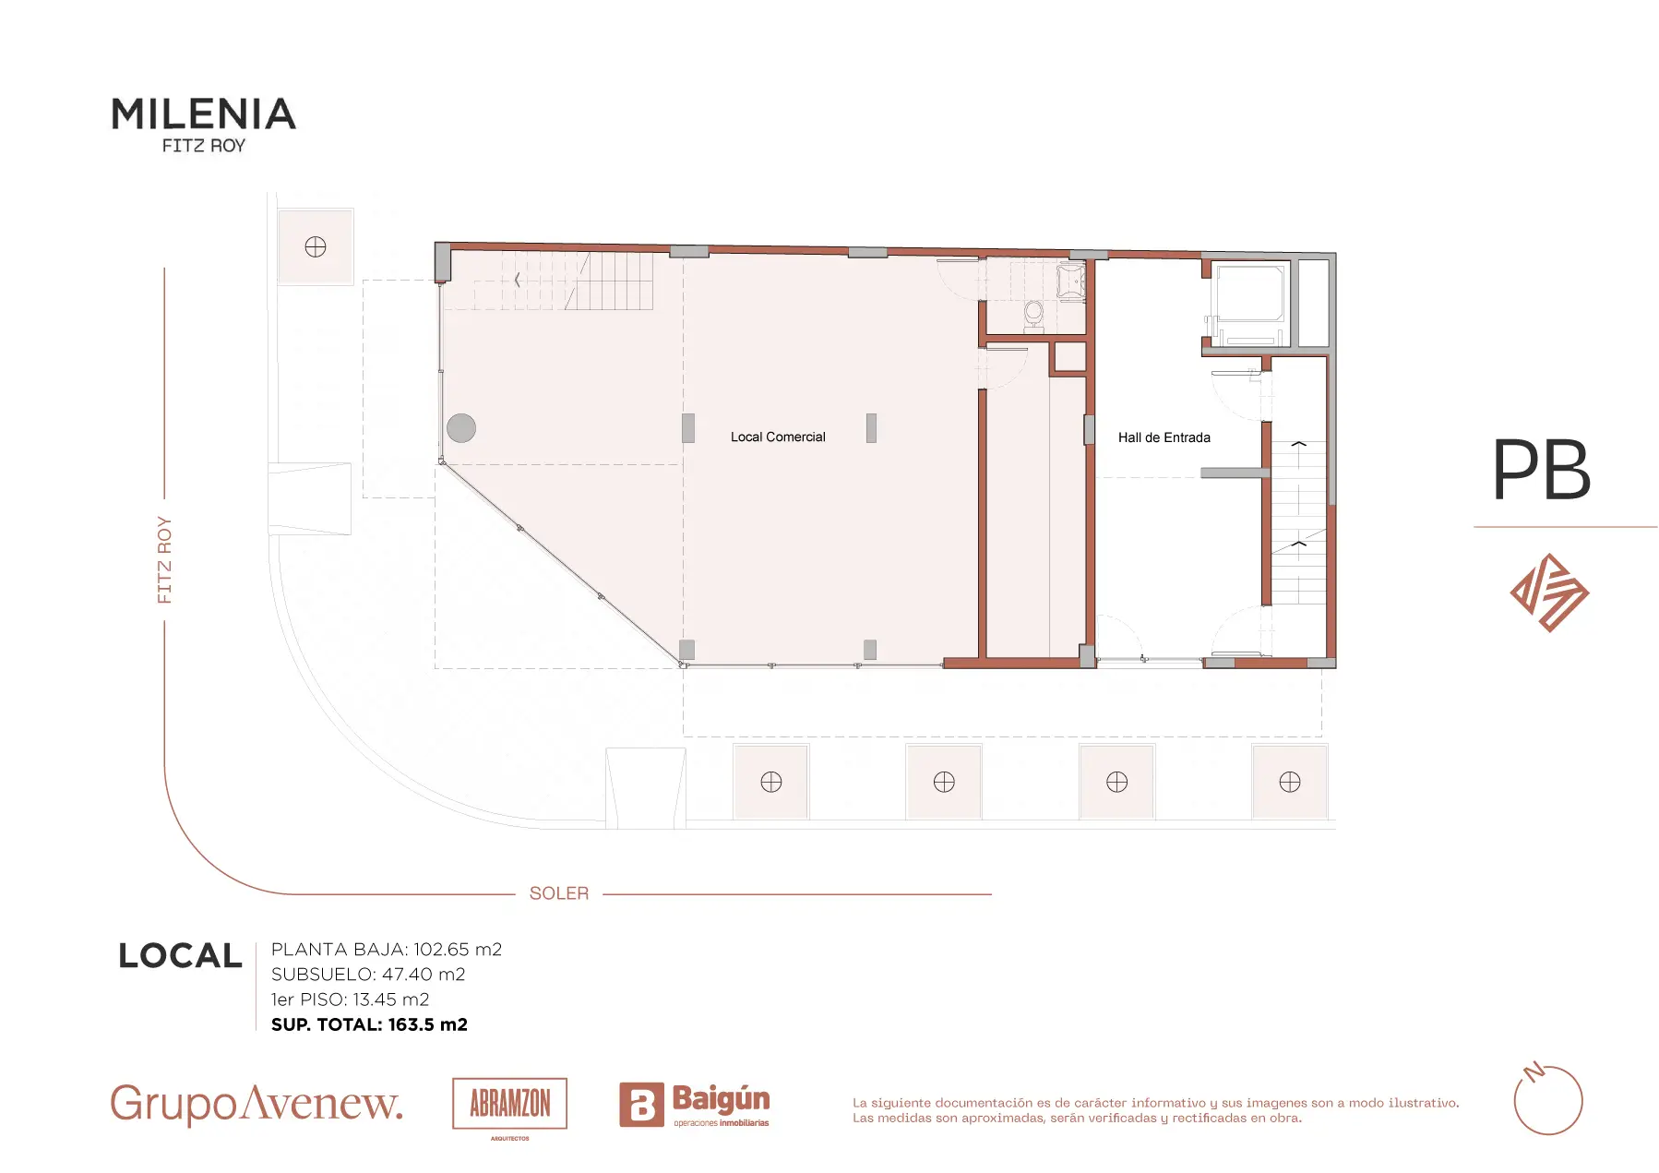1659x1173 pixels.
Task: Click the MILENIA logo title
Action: click(204, 114)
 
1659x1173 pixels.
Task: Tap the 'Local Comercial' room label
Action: click(778, 437)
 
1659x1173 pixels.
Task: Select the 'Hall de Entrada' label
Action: click(1164, 437)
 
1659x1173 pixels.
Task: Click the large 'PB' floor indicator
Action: click(1542, 470)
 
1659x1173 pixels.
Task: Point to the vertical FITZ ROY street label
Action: click(165, 560)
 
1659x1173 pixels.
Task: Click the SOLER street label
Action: click(559, 893)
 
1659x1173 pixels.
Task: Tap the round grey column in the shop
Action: click(461, 428)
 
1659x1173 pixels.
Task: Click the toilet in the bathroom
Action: click(1034, 315)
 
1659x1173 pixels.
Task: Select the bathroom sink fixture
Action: click(1070, 282)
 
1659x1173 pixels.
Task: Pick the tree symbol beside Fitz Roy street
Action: click(316, 246)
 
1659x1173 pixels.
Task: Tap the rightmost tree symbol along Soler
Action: click(1290, 782)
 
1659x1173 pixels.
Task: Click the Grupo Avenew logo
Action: click(257, 1104)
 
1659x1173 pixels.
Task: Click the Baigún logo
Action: click(694, 1104)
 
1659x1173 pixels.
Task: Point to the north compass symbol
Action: click(1548, 1099)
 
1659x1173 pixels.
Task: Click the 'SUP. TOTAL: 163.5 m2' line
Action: click(369, 1024)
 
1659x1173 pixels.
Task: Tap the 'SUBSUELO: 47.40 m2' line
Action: click(368, 975)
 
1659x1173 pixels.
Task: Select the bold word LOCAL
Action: click(181, 955)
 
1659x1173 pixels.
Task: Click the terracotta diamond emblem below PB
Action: click(1549, 592)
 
